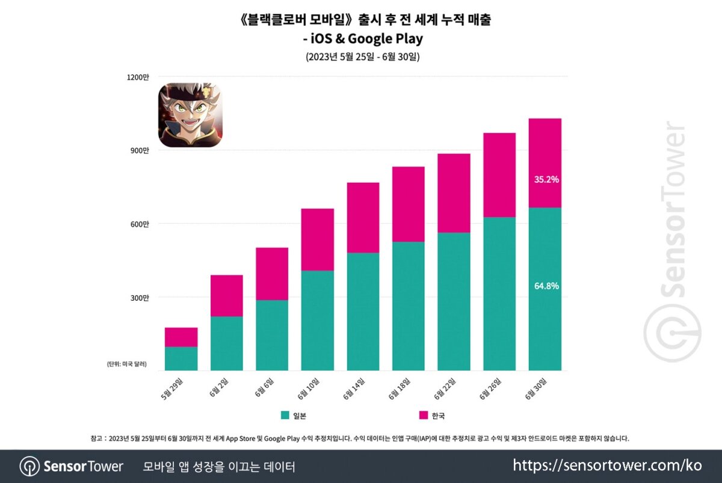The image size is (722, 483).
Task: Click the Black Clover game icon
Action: (x=189, y=115)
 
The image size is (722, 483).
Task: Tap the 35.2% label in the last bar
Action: (x=546, y=179)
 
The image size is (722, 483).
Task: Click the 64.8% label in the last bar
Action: (x=546, y=286)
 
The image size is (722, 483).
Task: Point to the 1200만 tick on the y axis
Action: (x=139, y=77)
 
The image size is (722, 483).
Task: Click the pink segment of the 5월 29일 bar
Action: (x=181, y=337)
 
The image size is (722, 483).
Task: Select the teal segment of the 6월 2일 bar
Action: (x=227, y=343)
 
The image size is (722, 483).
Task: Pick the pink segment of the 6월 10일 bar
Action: (x=318, y=239)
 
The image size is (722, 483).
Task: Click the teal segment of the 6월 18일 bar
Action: (x=409, y=306)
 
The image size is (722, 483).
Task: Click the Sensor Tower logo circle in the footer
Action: (x=29, y=466)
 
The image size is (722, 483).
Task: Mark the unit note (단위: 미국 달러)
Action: (x=126, y=365)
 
